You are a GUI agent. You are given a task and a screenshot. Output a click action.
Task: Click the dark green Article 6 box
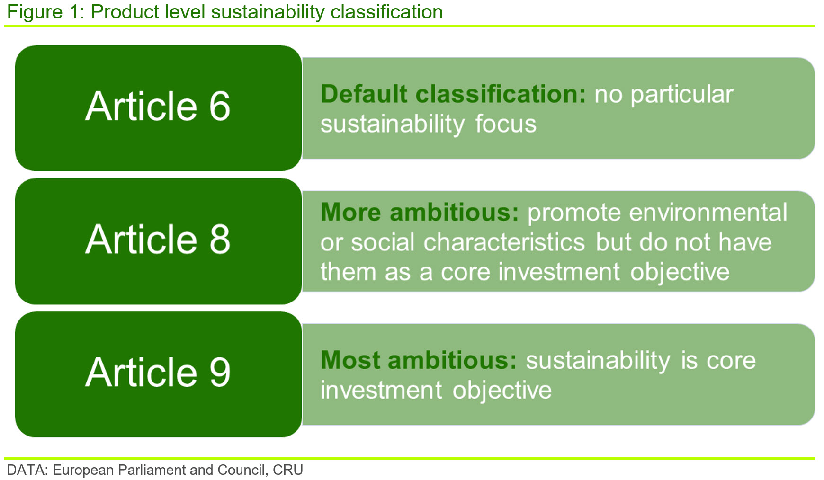tap(159, 108)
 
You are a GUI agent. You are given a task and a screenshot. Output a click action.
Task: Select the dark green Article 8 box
tap(159, 241)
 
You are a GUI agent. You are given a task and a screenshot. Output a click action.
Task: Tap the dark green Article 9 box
tap(159, 374)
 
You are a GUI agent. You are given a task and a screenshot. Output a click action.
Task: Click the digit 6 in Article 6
tap(219, 106)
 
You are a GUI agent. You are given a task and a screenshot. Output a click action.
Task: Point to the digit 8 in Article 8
tap(219, 239)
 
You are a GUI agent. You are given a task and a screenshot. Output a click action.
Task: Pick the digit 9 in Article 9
tap(220, 372)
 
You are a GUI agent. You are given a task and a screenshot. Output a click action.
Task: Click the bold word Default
tap(364, 94)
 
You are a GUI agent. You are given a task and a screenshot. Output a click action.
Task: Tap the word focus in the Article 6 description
tap(505, 124)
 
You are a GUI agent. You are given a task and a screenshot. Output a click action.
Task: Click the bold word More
tap(350, 212)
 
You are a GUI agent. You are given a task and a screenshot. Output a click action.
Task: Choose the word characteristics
tap(504, 242)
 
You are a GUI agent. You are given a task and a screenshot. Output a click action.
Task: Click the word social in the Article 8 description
tap(383, 242)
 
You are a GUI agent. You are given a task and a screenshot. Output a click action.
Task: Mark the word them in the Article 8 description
tap(348, 272)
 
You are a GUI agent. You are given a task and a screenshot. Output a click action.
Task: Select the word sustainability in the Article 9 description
tap(598, 361)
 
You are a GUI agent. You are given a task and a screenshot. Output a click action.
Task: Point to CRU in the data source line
tap(288, 470)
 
